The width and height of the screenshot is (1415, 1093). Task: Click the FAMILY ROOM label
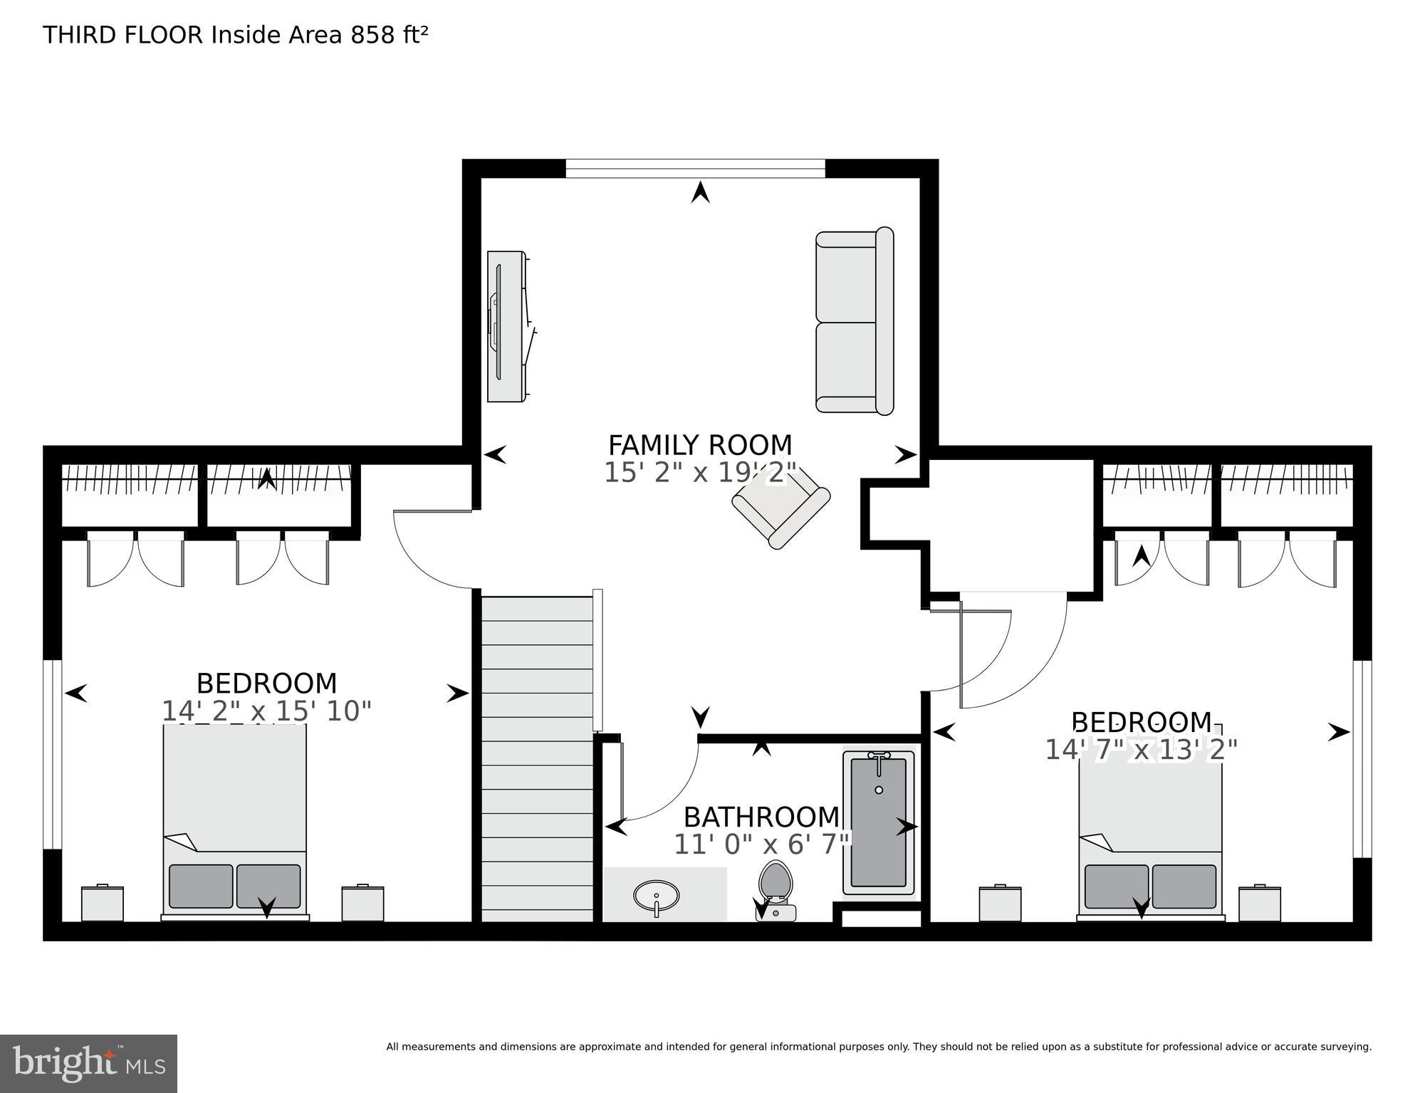point(699,445)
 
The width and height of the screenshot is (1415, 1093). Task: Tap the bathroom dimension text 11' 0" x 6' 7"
point(761,844)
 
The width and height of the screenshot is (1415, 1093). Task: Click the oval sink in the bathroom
point(656,894)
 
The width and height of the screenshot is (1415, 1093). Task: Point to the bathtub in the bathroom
point(878,822)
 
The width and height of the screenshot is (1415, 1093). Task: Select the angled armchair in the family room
point(781,507)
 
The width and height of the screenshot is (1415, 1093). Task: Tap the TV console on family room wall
point(506,326)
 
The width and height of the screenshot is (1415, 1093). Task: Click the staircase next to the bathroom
point(537,758)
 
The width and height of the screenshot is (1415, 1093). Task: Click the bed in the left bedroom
point(235,819)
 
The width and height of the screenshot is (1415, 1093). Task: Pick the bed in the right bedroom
point(1149,833)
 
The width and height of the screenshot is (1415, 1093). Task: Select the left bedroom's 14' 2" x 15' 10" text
point(266,711)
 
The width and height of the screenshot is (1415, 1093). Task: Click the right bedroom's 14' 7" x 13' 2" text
point(1140,750)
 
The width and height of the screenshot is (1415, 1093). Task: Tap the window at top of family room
point(695,169)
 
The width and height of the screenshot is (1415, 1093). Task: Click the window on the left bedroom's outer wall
point(53,755)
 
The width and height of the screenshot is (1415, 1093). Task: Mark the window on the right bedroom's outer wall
point(1362,758)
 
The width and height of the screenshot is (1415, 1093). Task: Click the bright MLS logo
point(88,1063)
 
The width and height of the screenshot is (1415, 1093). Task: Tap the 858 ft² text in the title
point(389,35)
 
